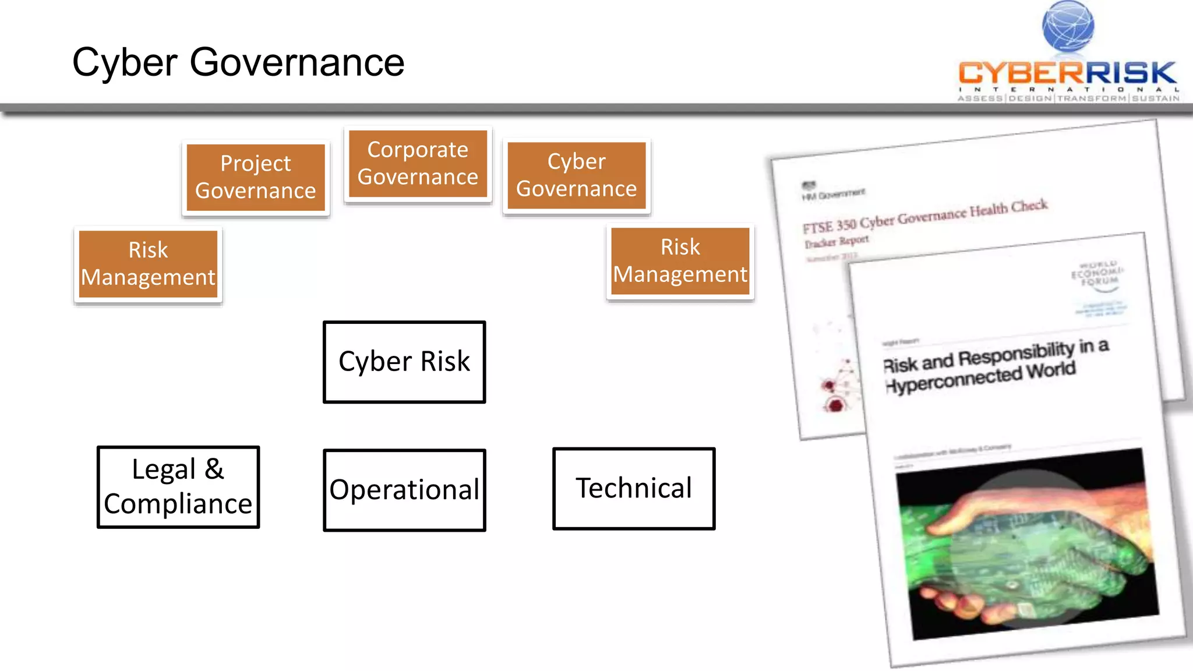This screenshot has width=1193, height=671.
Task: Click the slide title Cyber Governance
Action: pos(238,62)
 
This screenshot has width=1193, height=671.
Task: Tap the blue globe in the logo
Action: pos(1068,26)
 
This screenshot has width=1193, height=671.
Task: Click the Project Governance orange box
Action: pos(256,177)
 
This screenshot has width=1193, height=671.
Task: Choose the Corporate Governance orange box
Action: pos(418,164)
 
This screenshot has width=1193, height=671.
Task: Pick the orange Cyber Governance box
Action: pos(576,175)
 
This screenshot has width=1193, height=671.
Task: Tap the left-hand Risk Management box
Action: pos(148,264)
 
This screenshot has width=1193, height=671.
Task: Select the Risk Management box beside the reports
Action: pos(680,261)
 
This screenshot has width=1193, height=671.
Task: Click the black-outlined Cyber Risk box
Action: pos(404,362)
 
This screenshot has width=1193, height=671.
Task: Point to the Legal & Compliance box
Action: pos(178,487)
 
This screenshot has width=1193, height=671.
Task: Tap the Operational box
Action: pos(404,490)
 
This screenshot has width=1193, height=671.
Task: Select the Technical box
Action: pos(634,488)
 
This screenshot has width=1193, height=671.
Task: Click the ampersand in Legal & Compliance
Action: pos(214,469)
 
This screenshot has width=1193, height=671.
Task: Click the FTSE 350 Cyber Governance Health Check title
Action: pos(924,216)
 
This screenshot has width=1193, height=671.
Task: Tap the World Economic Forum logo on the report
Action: pos(1098,273)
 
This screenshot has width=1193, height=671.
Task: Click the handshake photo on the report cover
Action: pos(1025,545)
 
